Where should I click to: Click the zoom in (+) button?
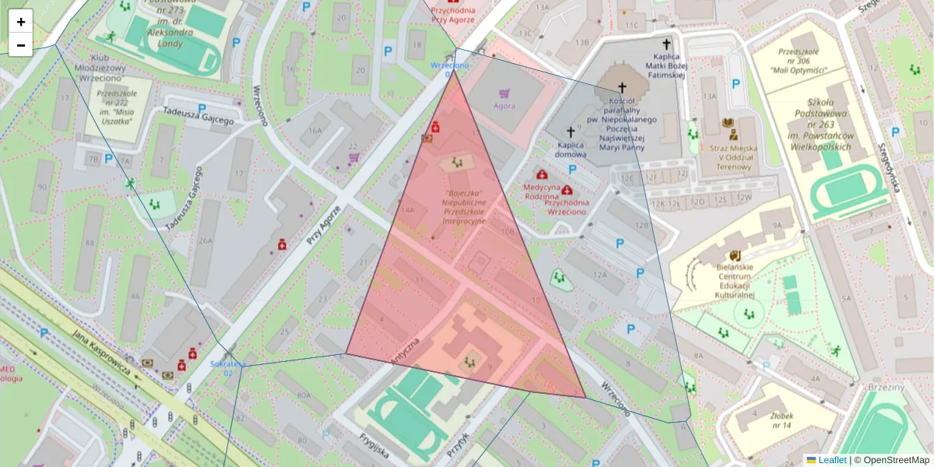coord(21,22)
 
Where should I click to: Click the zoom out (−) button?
coord(21,45)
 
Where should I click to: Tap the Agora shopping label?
coord(504,105)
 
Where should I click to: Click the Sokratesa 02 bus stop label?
coord(228,368)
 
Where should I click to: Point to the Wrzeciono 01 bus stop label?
coord(451,70)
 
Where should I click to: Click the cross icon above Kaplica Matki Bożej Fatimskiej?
coord(666,44)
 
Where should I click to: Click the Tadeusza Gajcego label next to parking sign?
coord(198,116)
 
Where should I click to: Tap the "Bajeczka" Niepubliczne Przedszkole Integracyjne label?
coord(464,206)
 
